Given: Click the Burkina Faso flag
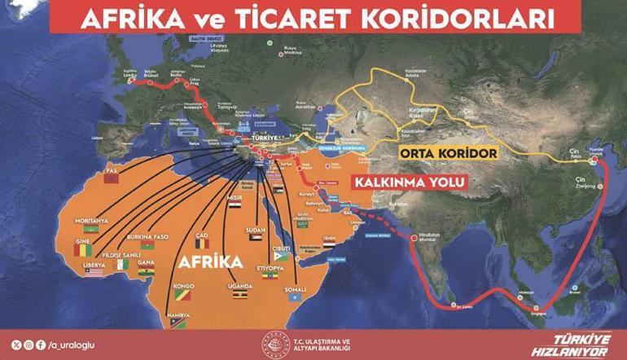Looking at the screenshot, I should (x=147, y=244).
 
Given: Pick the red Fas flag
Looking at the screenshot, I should (x=113, y=178).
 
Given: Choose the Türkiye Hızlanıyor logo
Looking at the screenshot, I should (x=581, y=343).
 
